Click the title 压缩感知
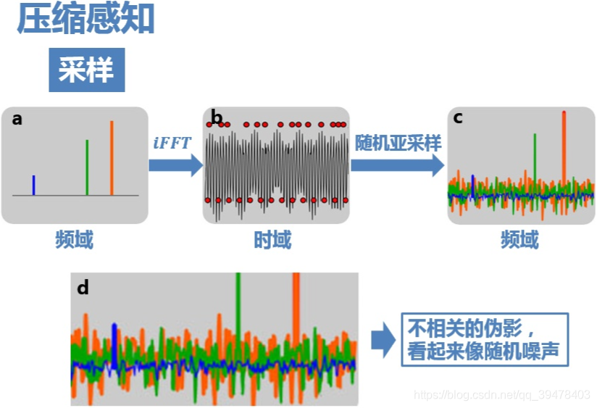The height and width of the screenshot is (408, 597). coord(86,19)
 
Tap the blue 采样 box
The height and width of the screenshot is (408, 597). coord(86,70)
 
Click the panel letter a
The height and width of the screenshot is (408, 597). coord(17,119)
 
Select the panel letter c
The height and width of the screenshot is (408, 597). coord(458,117)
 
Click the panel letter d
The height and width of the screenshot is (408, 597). coord(83,288)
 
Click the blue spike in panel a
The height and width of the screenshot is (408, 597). coord(33,185)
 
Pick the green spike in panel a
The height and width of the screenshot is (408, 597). coord(87,167)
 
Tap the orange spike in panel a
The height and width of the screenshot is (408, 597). coord(112,157)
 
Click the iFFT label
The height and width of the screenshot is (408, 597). coord(172,143)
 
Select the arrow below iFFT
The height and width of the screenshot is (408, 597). coord(175,165)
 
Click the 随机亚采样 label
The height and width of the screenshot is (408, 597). coord(398,143)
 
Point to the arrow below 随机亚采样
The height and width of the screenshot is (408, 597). coord(397,165)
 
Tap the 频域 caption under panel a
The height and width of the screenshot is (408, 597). coord(75,241)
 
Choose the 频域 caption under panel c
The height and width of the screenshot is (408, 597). coord(519,241)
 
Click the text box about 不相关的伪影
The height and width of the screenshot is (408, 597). coord(485,339)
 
